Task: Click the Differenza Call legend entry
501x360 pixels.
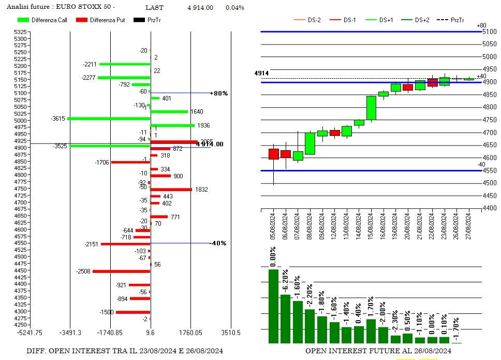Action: pos(49,20)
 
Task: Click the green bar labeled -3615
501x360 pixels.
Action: pos(109,119)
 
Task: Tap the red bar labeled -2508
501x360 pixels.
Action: pos(121,271)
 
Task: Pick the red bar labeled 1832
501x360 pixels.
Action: pos(171,190)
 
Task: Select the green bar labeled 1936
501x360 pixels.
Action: pos(172,125)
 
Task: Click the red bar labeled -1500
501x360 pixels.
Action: pos(133,312)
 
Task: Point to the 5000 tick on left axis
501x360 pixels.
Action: pos(21,121)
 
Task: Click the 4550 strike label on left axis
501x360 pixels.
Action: pos(21,243)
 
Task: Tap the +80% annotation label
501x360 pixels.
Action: pos(219,93)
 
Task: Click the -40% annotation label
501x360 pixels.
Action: pos(218,243)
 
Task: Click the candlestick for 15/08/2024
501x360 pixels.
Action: pos(371,108)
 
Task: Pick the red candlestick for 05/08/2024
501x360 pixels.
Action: pos(274,154)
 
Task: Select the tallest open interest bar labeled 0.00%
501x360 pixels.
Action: pos(273,306)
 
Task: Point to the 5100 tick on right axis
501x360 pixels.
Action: pos(489,32)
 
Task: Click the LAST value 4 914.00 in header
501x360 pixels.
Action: pos(200,8)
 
